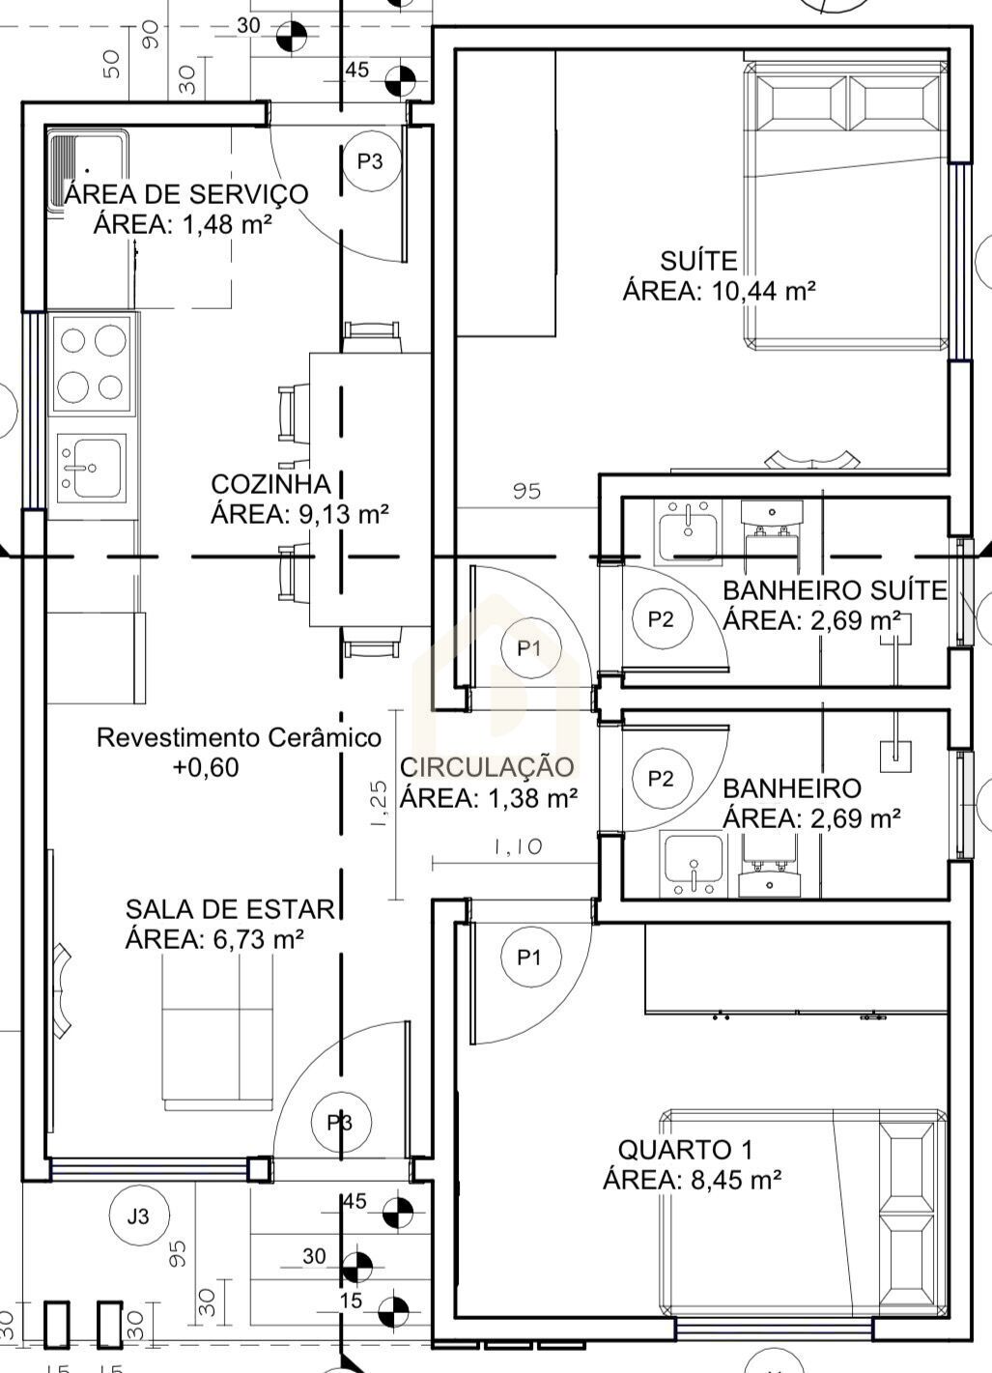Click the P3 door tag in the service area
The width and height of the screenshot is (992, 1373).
(x=370, y=161)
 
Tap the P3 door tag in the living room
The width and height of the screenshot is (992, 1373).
(x=340, y=1123)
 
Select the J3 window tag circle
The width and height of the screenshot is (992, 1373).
(x=138, y=1216)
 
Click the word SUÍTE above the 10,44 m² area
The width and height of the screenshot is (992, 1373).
(x=699, y=261)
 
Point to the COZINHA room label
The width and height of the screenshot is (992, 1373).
(x=270, y=484)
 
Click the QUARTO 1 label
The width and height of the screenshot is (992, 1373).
(x=685, y=1150)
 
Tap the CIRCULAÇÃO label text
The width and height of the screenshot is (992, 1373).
(x=487, y=767)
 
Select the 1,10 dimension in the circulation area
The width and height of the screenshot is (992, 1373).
(x=518, y=846)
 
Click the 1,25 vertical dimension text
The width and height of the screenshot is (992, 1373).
(x=380, y=804)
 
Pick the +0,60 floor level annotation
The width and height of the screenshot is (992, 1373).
(x=206, y=767)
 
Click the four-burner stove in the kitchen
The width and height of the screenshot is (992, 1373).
(x=92, y=364)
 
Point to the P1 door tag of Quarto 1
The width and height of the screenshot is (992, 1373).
(x=530, y=957)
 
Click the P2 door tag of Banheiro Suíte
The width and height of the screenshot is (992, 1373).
(x=661, y=619)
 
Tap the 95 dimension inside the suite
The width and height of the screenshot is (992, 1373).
(x=527, y=491)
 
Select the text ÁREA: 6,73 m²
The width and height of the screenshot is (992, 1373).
(x=214, y=938)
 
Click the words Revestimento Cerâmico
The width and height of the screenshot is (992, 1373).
(x=239, y=737)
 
